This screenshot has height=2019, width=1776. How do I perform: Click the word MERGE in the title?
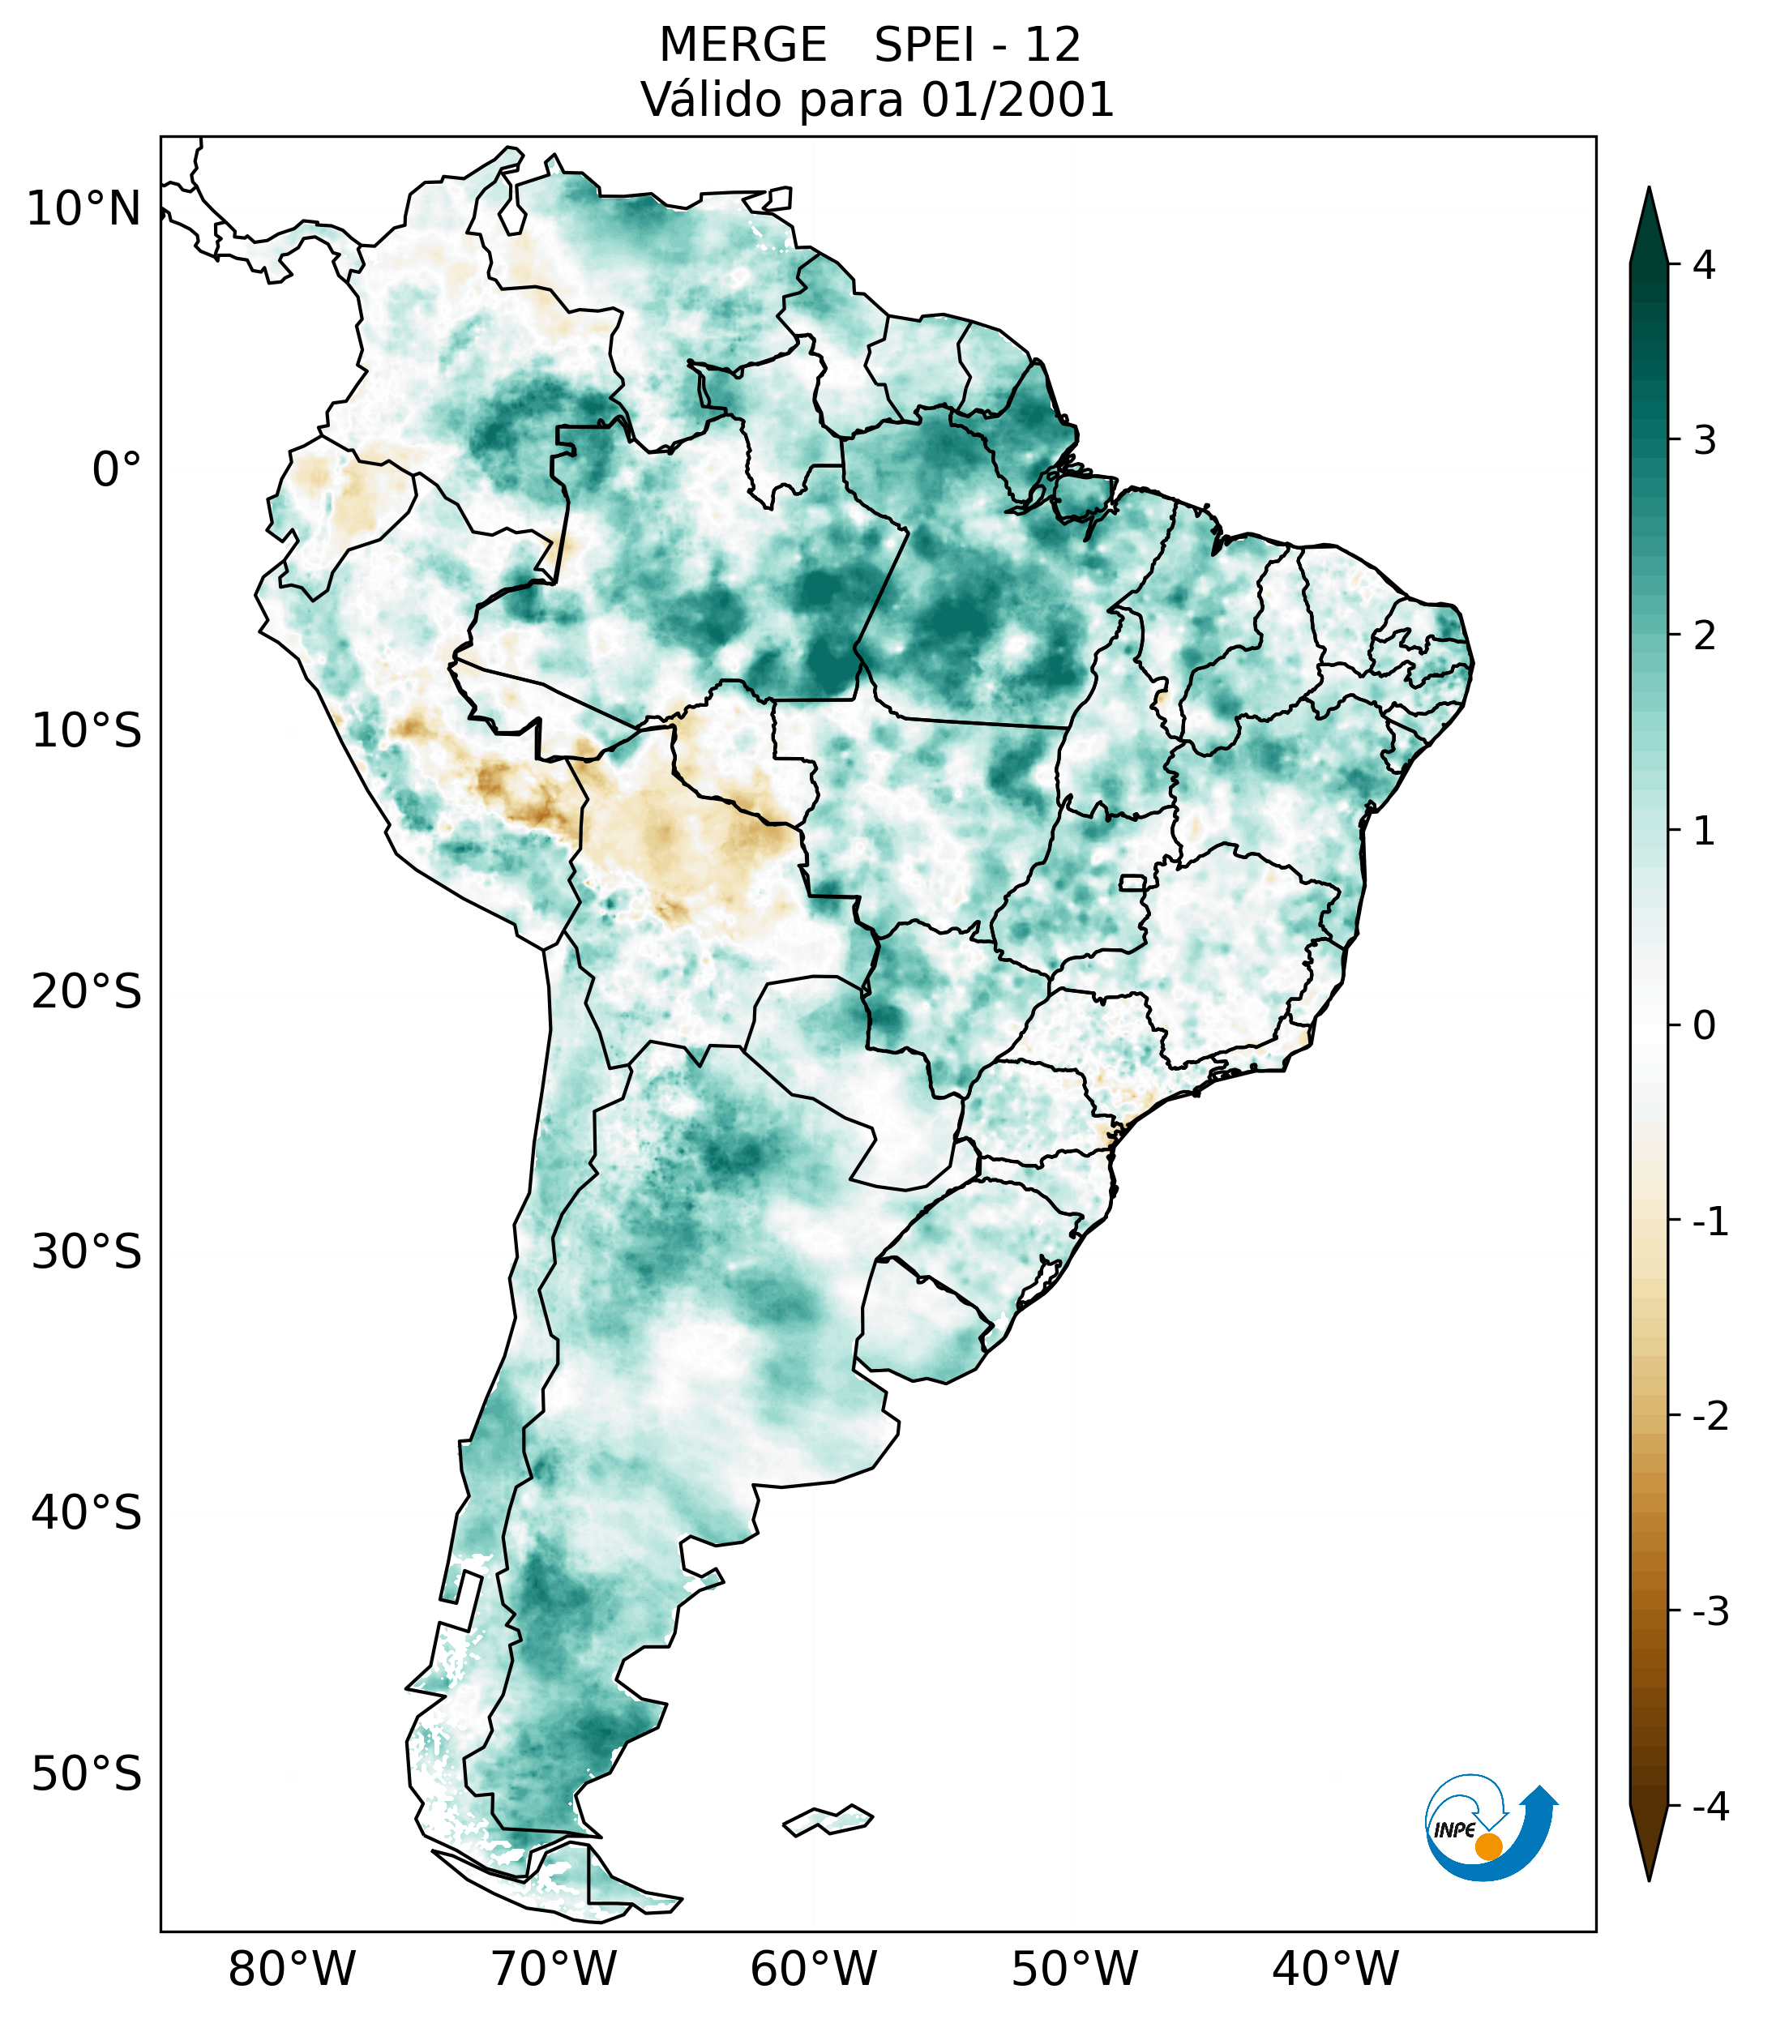pyautogui.click(x=742, y=45)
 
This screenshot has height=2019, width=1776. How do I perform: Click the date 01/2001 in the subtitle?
pyautogui.click(x=1017, y=100)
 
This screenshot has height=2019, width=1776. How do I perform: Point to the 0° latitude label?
pyautogui.click(x=117, y=470)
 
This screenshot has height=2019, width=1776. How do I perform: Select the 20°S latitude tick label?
pyautogui.click(x=87, y=992)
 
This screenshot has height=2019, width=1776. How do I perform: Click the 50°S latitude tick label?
pyautogui.click(x=87, y=1774)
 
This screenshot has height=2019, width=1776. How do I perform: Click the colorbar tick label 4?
pyautogui.click(x=1704, y=265)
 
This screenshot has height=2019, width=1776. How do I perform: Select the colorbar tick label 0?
pyautogui.click(x=1704, y=1026)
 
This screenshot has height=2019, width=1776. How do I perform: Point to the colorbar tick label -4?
pyautogui.click(x=1710, y=1807)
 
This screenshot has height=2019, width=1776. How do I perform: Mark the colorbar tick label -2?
pyautogui.click(x=1710, y=1417)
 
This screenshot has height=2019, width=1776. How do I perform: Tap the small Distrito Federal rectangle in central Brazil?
pyautogui.click(x=1133, y=882)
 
